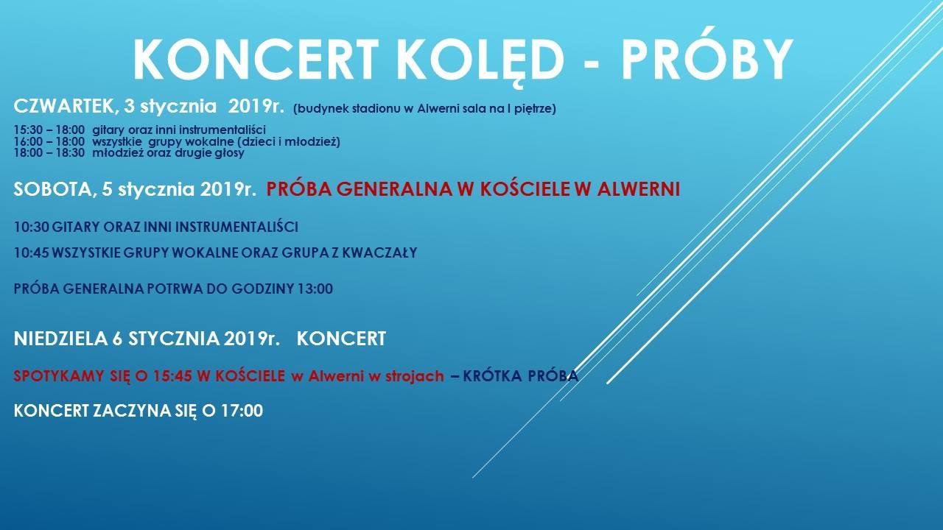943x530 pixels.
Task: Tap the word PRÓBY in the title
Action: point(707,59)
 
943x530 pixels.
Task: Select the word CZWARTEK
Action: point(63,107)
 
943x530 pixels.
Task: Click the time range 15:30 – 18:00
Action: point(49,130)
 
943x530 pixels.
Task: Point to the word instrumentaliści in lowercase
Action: point(222,130)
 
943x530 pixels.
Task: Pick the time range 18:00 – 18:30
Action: point(49,152)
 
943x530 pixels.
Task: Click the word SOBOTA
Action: point(52,190)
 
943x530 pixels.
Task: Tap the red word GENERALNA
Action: point(394,189)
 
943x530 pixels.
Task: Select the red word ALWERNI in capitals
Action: point(639,189)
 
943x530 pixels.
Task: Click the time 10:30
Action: point(32,227)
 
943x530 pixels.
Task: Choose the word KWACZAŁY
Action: point(379,252)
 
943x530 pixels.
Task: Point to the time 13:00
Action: point(315,289)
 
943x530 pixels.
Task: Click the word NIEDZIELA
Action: point(60,339)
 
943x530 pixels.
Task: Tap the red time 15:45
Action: point(171,376)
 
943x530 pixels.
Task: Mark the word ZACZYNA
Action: point(131,411)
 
